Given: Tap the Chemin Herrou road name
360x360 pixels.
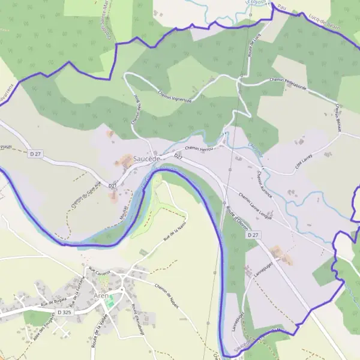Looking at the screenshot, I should [x=200, y=148].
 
